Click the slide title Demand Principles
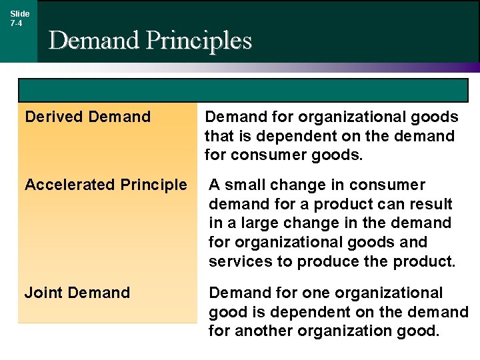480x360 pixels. pyautogui.click(x=150, y=41)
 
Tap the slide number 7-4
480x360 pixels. pyautogui.click(x=16, y=23)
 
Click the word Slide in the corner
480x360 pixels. pyautogui.click(x=20, y=13)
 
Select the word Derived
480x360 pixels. pyautogui.click(x=53, y=117)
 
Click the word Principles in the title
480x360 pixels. pyautogui.click(x=199, y=41)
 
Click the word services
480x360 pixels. pyautogui.click(x=240, y=262)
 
